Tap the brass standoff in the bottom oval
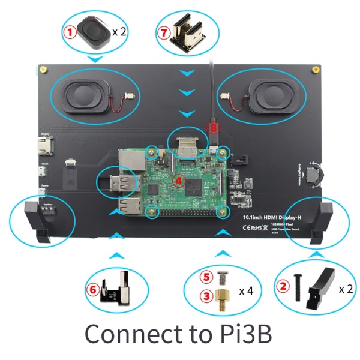click(223, 296)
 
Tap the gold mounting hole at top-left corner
click(44, 70)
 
